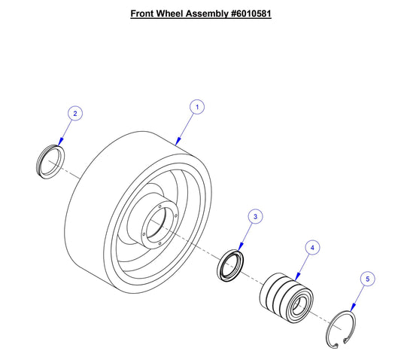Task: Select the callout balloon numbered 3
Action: tap(255, 216)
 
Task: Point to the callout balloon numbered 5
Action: tap(367, 279)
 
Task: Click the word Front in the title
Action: tap(144, 14)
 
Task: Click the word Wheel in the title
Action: tap(175, 14)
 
